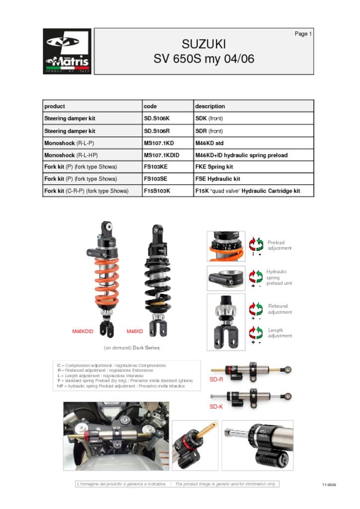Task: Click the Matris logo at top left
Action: tap(67, 51)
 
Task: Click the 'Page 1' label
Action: tap(303, 34)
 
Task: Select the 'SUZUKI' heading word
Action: tap(204, 44)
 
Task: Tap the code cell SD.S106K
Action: tap(157, 119)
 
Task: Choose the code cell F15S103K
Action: tap(157, 191)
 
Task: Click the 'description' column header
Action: tap(210, 106)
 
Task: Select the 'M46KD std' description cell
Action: tap(212, 143)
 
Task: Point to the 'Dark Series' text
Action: tap(146, 347)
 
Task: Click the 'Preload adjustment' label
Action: tap(279, 246)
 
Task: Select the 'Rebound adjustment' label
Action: tap(280, 309)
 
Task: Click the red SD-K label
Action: tap(216, 406)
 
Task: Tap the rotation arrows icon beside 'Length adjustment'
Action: tap(256, 333)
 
